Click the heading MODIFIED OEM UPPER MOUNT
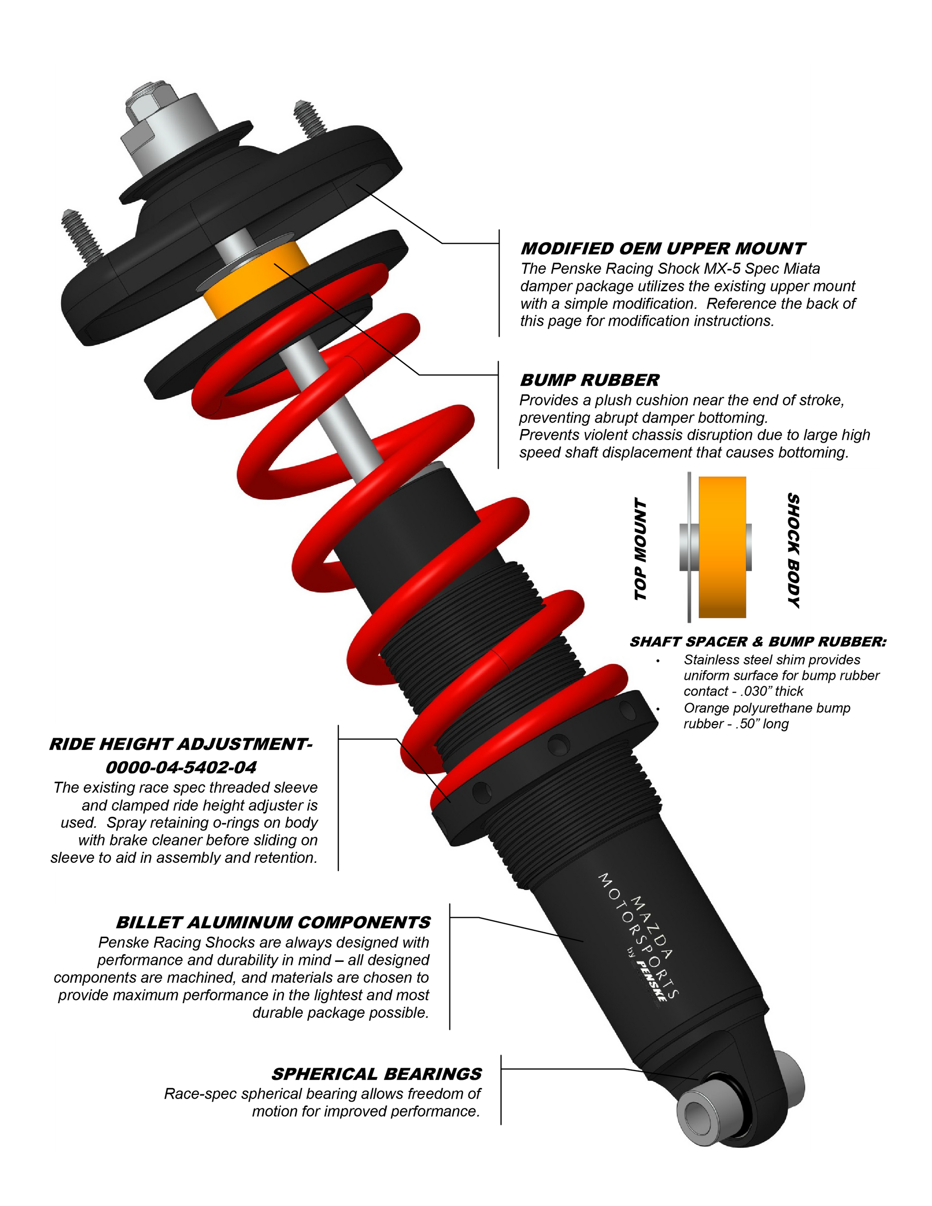coord(663,248)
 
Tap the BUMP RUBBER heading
coord(589,380)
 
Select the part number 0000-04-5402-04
coord(181,767)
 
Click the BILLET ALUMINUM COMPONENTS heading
coord(273,922)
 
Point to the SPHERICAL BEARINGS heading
coord(376,1074)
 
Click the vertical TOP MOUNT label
coord(640,549)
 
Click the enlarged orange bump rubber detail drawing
coord(722,546)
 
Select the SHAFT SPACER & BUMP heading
coord(720,642)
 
